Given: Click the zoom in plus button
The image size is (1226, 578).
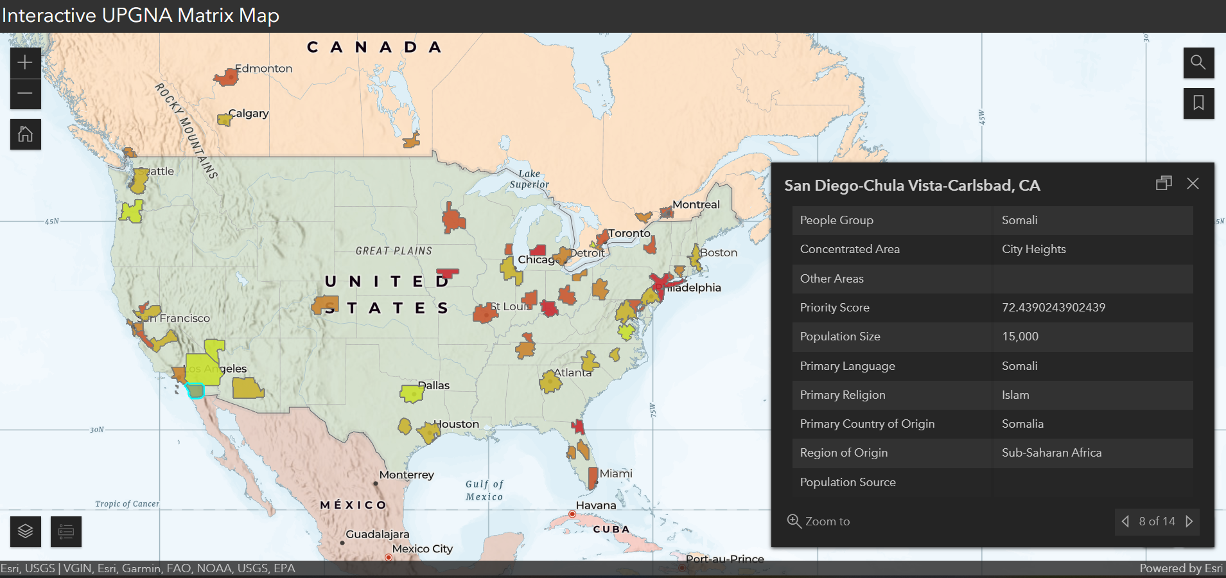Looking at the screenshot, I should click(25, 62).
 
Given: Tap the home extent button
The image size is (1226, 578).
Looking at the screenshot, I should click(25, 134).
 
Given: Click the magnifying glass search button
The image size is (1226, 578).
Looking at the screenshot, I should click(1198, 62).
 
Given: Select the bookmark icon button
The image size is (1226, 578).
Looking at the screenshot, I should click(1198, 103).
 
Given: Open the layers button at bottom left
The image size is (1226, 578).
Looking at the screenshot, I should click(25, 532).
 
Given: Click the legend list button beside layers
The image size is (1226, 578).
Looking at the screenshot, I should click(66, 532).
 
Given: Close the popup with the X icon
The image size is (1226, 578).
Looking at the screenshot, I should click(1193, 184).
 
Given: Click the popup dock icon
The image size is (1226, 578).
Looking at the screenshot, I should click(1164, 184).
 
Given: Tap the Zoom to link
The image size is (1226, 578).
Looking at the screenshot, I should click(819, 521).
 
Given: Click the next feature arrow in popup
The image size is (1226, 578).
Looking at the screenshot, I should click(1189, 521).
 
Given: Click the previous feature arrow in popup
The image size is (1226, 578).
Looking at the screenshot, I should click(1125, 521).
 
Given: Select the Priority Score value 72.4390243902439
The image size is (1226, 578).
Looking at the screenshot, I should click(1053, 308).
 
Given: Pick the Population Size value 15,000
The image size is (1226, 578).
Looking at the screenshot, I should click(1020, 337).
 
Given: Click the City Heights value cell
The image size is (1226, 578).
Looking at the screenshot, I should click(1033, 249).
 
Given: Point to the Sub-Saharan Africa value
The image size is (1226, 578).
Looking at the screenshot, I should click(1051, 453).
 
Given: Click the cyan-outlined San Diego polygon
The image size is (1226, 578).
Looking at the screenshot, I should click(195, 390).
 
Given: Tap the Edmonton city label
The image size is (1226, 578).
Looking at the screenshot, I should click(263, 69).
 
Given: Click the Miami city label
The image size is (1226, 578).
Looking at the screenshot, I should click(616, 473).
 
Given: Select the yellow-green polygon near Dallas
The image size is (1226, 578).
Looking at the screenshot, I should click(412, 394).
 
